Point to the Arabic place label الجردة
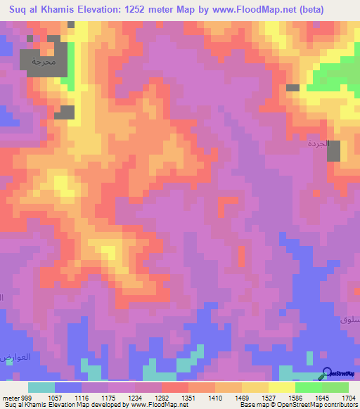[x=319, y=143]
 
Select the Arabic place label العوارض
[x=13, y=357]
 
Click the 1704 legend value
[x=347, y=398]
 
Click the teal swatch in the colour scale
[x=41, y=387]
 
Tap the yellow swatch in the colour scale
[x=282, y=387]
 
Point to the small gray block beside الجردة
[x=333, y=150]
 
